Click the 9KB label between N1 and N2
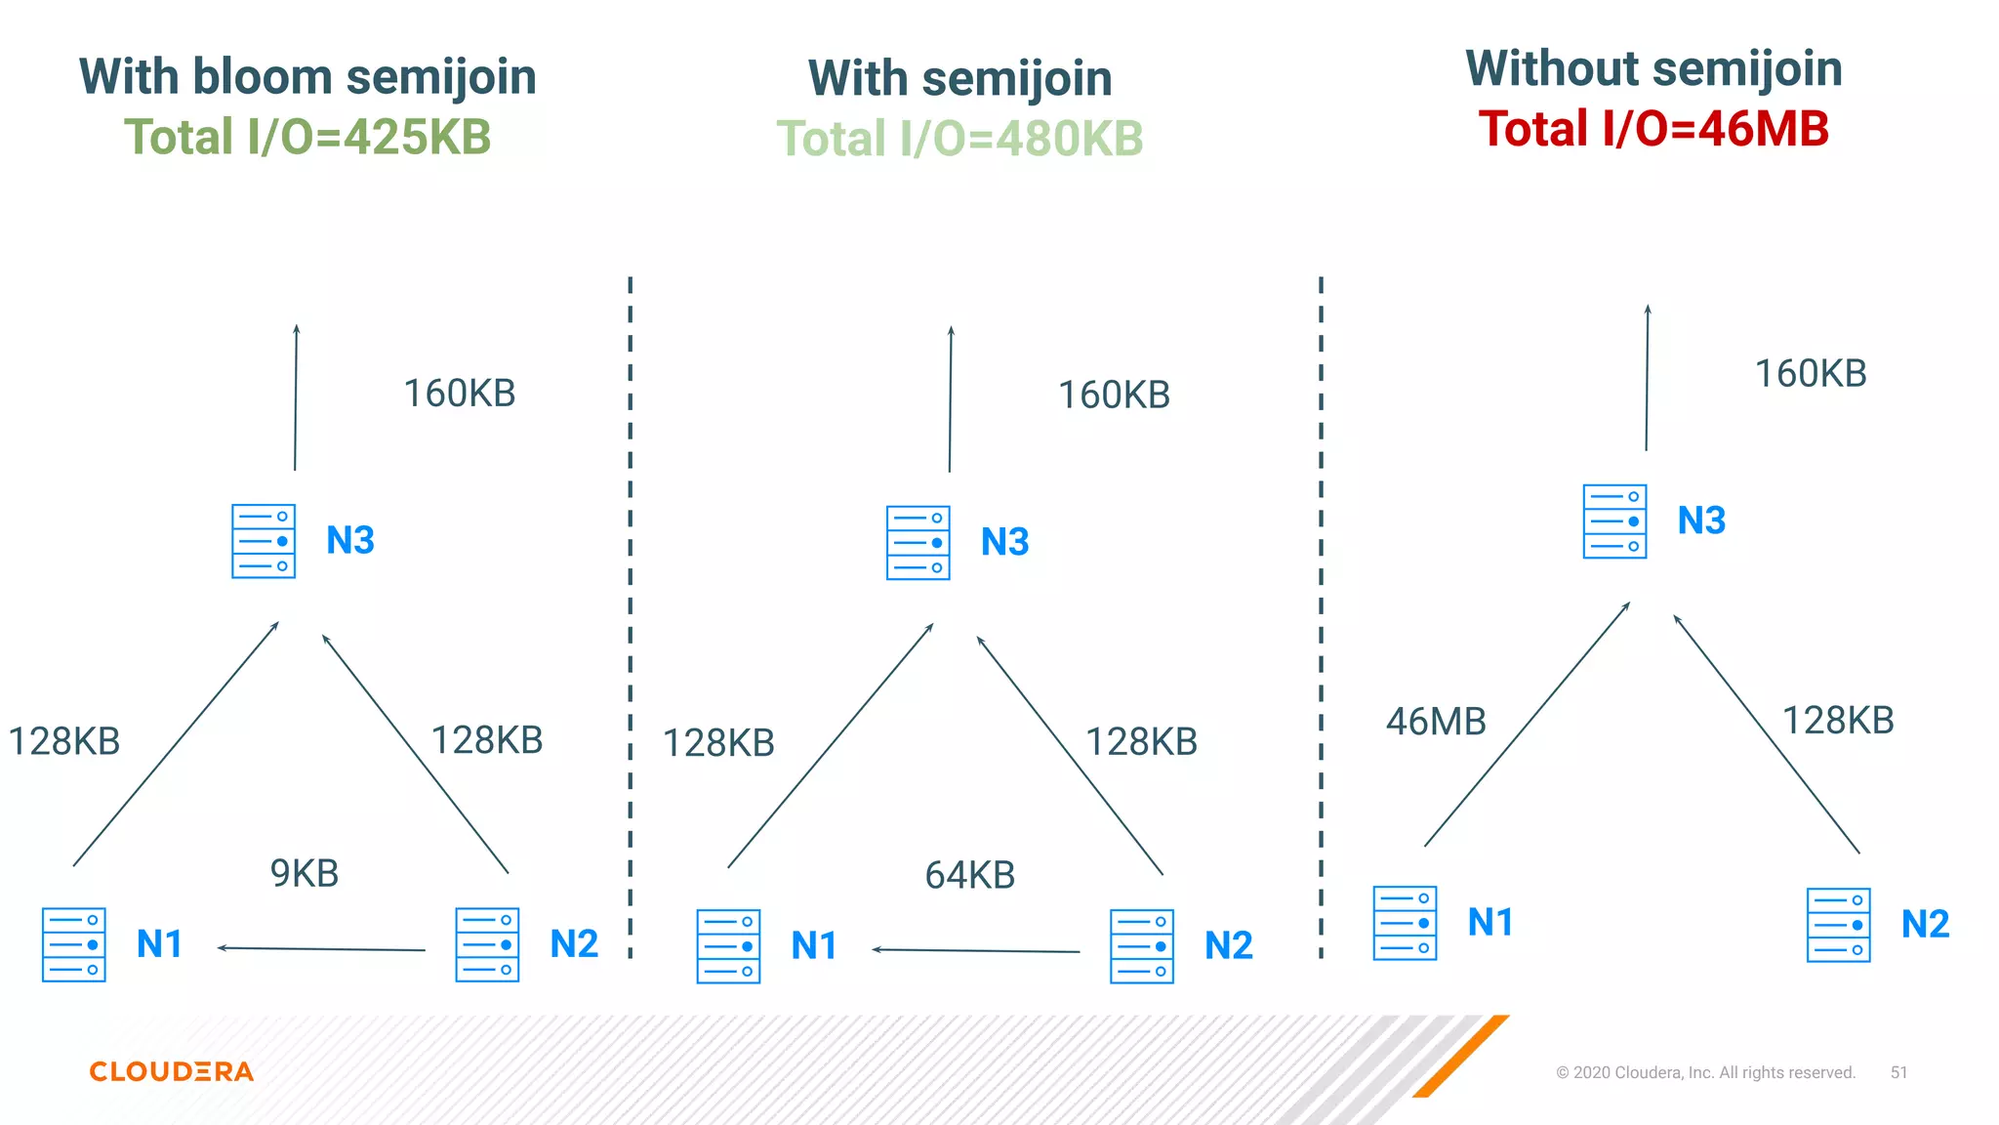coord(305,873)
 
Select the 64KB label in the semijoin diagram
coord(969,875)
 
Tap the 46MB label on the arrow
coord(1436,722)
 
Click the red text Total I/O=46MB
coord(1653,129)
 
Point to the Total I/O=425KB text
coord(307,137)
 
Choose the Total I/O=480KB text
coord(959,139)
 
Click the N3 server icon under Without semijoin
coord(1614,521)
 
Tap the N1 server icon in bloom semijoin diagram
coord(74,944)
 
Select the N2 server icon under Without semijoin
coord(1838,925)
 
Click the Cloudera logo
coord(172,1071)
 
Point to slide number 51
coord(1898,1072)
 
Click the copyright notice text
coord(1705,1072)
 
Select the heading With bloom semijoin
coord(307,76)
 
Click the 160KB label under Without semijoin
coord(1811,374)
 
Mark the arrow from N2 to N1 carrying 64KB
coord(976,950)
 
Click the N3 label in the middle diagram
coord(1004,542)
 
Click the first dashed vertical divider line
coord(631,615)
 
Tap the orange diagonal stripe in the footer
coord(1460,1057)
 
